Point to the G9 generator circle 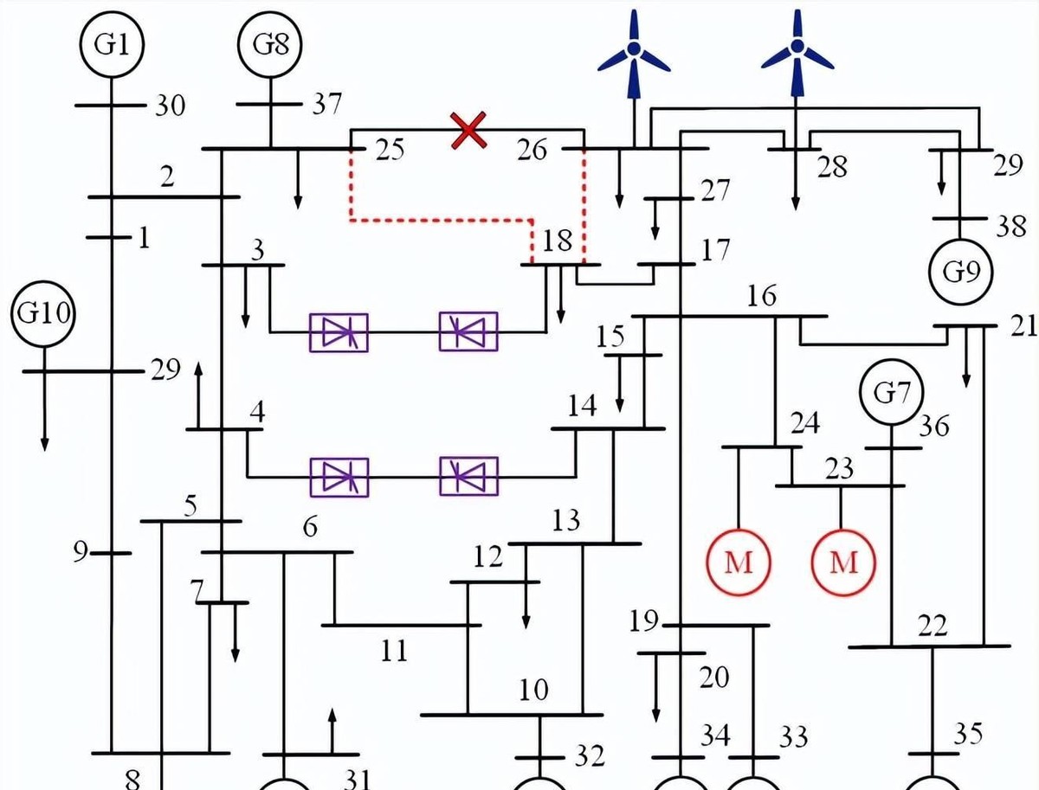tap(960, 272)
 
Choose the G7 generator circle tap(891, 395)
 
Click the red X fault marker tap(468, 131)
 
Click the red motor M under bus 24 tap(739, 562)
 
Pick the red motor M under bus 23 tap(842, 562)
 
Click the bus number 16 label tap(762, 296)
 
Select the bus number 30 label tap(170, 106)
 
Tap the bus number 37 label tap(327, 106)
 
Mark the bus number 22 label tap(933, 625)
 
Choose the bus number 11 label tap(394, 650)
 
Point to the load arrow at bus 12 tap(526, 606)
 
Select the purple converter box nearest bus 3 tap(339, 332)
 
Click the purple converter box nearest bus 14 tap(468, 477)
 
